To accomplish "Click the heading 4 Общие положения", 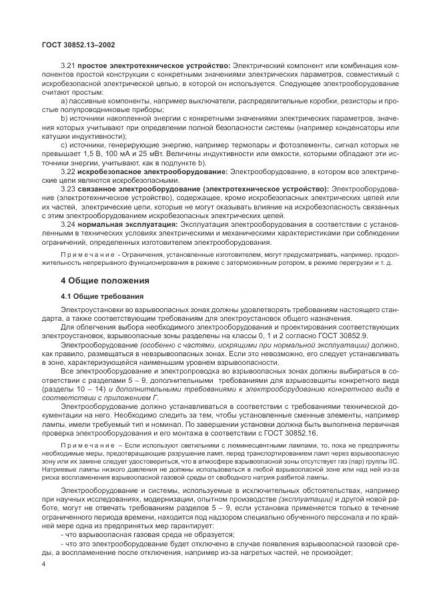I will (x=105, y=279).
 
